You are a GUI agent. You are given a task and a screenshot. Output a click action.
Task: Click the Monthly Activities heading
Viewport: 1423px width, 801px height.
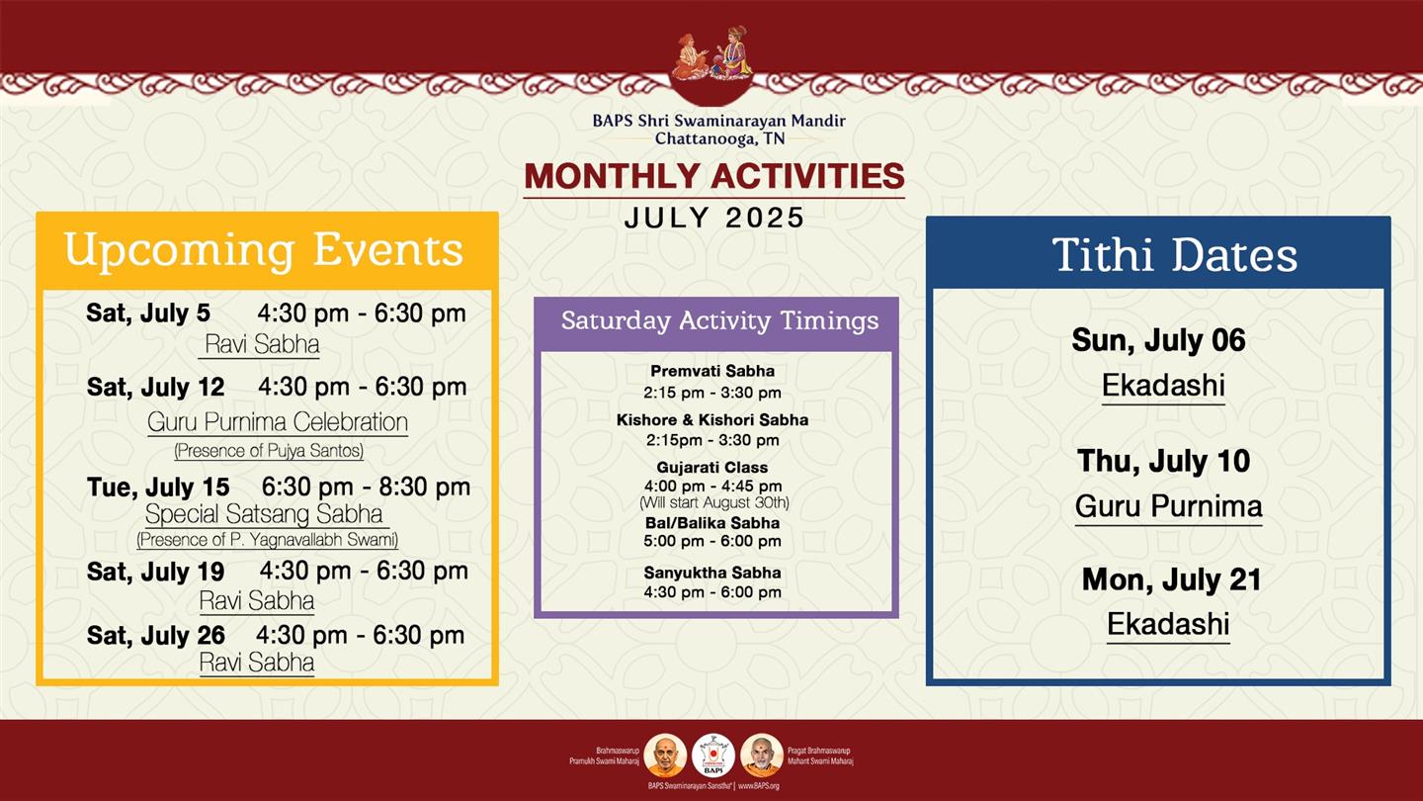pos(714,176)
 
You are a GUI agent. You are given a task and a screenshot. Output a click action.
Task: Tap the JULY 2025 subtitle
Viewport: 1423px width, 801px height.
pos(714,218)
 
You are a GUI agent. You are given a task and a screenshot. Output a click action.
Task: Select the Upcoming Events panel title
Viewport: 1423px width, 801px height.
pos(264,251)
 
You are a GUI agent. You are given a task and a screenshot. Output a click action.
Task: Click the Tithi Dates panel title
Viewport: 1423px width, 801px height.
pos(1174,255)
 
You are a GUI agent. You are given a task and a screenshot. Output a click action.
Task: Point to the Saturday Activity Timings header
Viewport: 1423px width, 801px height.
pos(719,320)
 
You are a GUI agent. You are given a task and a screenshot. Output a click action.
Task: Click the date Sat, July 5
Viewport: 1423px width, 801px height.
pos(148,312)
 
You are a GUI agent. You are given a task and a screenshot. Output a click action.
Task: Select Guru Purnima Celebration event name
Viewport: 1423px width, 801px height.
pos(278,422)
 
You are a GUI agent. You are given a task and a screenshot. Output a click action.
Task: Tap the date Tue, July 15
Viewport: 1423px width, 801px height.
pos(158,487)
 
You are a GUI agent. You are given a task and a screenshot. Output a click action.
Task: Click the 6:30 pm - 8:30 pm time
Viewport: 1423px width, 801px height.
pos(366,487)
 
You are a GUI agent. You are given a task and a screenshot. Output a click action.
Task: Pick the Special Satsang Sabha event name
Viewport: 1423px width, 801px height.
pos(264,513)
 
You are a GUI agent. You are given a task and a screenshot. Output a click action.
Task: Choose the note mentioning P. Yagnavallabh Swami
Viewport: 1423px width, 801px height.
pos(268,540)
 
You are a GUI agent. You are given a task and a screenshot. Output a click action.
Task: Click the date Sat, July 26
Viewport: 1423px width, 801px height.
pos(156,635)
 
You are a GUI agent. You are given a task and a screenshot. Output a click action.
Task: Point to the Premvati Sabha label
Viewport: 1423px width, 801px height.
pos(712,371)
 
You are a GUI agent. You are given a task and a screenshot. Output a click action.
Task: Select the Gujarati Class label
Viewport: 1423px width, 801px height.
pos(712,467)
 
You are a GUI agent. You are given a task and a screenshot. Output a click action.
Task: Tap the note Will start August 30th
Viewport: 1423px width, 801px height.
pos(714,502)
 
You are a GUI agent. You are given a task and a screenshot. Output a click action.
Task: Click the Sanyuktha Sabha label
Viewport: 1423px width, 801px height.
pos(712,573)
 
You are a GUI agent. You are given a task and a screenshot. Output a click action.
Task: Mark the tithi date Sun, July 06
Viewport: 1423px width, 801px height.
pos(1159,340)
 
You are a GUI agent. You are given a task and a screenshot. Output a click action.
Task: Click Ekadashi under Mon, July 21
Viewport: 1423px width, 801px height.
pos(1168,624)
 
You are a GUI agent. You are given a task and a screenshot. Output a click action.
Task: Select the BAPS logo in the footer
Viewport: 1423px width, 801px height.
pos(713,756)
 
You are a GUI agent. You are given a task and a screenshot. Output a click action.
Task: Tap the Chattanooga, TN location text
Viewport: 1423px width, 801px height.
pos(719,138)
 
